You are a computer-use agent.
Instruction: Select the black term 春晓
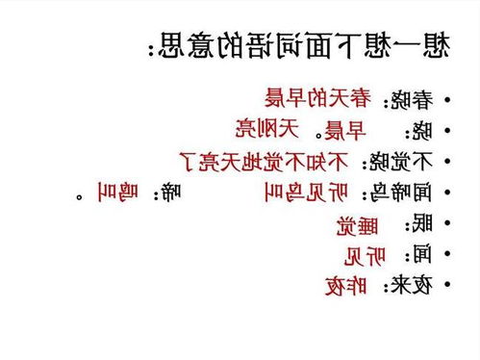click(x=408, y=99)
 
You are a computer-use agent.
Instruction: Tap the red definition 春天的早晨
click(x=317, y=97)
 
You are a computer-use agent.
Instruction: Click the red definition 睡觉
click(x=358, y=224)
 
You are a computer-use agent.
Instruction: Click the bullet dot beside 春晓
click(x=449, y=100)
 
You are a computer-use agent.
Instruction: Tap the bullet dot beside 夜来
click(x=449, y=286)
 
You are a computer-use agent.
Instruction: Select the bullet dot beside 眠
click(x=449, y=224)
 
